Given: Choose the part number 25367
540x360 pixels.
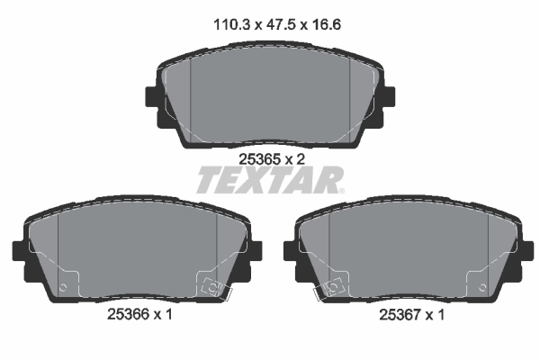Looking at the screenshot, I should pos(396,315).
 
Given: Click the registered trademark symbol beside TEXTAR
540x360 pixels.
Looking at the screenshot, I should pos(340,191).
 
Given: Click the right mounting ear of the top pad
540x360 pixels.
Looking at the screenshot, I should pos(388,101).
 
